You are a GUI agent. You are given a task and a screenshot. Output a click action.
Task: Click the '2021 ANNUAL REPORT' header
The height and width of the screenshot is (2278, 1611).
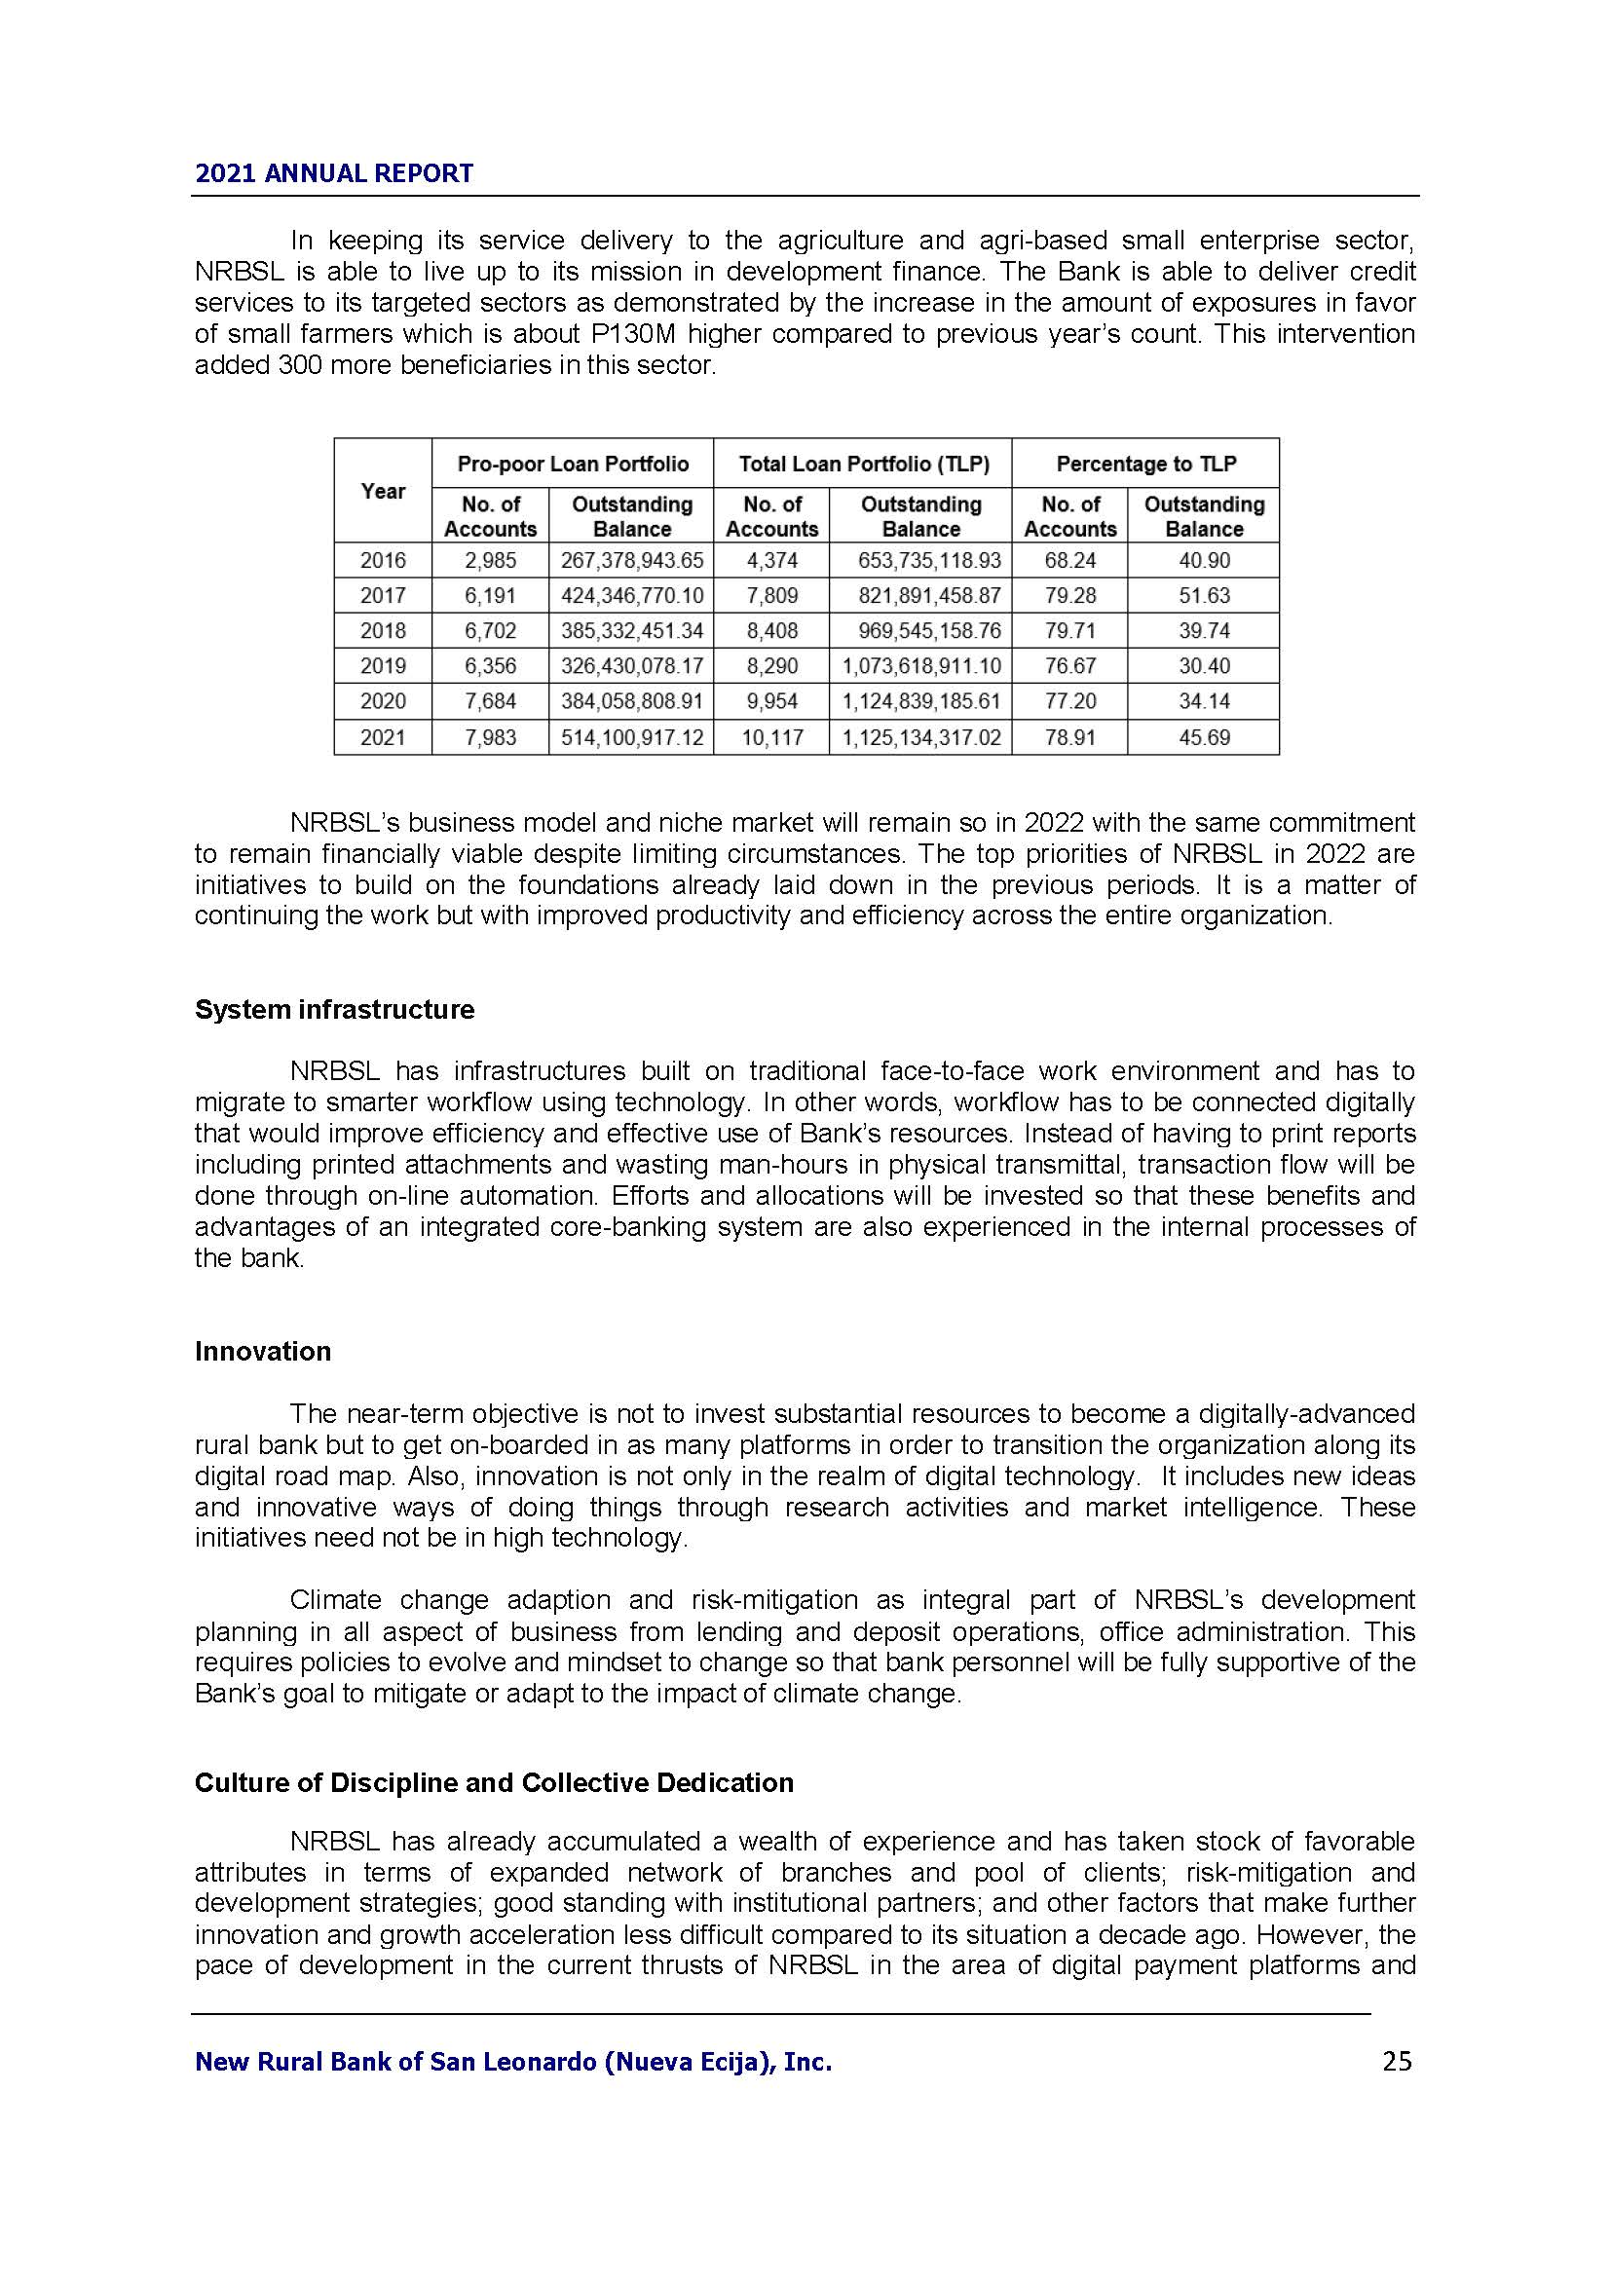(x=333, y=173)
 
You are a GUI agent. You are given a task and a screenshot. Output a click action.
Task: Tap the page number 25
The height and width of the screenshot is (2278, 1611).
(x=1397, y=2062)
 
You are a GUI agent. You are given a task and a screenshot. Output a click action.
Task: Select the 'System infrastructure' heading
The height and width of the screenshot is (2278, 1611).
(x=334, y=1010)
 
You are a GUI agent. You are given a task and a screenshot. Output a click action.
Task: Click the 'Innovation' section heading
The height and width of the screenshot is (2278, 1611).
(x=263, y=1352)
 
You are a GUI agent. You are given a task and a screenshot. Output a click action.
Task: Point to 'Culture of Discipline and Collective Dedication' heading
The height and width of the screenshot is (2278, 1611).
(x=494, y=1783)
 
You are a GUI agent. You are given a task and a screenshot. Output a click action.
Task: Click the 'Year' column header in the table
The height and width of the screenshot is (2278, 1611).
(x=383, y=491)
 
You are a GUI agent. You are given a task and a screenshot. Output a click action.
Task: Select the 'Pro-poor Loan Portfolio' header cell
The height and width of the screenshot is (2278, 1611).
(x=573, y=464)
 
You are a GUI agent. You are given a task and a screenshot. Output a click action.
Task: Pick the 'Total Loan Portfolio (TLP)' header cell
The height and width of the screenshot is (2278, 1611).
(x=862, y=464)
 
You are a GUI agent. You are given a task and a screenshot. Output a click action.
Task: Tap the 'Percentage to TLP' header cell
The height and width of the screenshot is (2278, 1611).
(x=1145, y=464)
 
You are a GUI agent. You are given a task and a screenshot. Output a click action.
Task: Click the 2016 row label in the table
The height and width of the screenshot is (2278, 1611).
(x=383, y=561)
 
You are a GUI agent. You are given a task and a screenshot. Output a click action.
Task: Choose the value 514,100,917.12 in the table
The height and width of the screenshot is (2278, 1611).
(x=632, y=737)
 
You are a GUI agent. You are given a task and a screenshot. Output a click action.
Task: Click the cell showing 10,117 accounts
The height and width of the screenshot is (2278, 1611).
(x=771, y=737)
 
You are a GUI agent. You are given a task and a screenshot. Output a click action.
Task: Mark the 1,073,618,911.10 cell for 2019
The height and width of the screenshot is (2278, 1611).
(x=921, y=666)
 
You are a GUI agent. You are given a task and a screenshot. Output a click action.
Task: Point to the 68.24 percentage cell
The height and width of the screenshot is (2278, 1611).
(x=1069, y=561)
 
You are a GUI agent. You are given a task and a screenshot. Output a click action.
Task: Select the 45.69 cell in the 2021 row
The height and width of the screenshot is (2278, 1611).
(x=1203, y=737)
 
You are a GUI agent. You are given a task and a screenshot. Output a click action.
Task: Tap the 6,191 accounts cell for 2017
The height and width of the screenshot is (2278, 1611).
(x=490, y=595)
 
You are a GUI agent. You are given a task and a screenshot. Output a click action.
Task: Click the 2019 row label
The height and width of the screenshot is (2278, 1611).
(x=383, y=666)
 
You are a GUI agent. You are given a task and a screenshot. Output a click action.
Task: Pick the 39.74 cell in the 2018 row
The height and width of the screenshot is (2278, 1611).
(x=1203, y=631)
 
